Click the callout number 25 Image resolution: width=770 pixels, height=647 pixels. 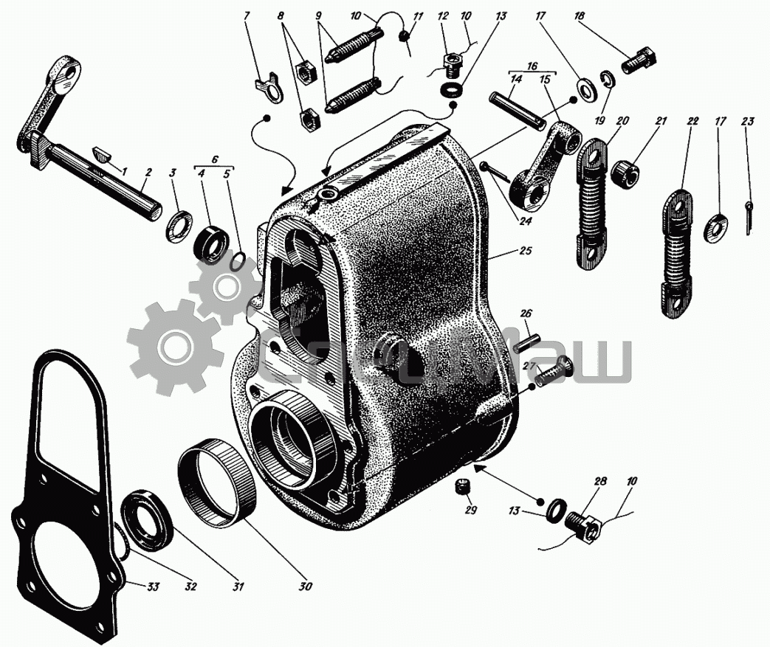point(525,251)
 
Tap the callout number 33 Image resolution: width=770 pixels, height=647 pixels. point(154,586)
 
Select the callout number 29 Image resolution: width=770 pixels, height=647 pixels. point(470,510)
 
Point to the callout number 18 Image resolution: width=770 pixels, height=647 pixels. point(580,15)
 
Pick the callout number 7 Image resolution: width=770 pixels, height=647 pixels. point(247,15)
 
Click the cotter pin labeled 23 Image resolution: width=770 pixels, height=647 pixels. point(748,218)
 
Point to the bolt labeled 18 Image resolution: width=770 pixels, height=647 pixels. point(639,61)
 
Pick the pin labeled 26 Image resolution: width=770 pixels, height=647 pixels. point(527,342)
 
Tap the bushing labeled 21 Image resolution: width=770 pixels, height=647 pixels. point(626,172)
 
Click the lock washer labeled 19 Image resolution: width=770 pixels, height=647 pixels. point(608,80)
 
